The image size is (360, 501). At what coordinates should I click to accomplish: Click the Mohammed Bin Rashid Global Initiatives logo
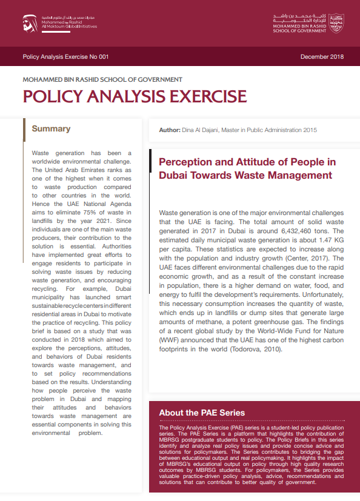[x=58, y=23]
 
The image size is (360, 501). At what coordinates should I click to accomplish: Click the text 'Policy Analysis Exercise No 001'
[x=65, y=57]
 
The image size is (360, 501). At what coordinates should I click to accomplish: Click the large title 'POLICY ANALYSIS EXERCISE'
[x=135, y=97]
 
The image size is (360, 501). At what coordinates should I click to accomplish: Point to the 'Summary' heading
[x=51, y=129]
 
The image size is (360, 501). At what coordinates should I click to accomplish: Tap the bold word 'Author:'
[x=169, y=130]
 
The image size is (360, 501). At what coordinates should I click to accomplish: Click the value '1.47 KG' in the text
[x=328, y=240]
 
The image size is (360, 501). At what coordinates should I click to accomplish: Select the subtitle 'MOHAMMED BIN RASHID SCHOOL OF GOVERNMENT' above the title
[x=102, y=79]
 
